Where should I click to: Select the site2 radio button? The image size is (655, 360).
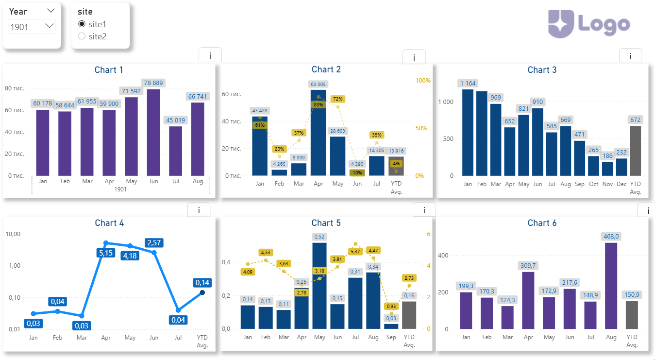(82, 36)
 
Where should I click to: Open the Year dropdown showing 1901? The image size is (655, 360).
(32, 27)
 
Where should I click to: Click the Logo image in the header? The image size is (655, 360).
(589, 24)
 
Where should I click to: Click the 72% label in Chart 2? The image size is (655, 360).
(338, 99)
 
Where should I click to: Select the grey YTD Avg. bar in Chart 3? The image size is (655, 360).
(635, 151)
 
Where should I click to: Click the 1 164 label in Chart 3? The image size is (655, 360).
(468, 83)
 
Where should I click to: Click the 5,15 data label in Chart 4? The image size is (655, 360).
(105, 253)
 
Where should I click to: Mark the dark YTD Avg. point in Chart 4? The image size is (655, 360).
(202, 292)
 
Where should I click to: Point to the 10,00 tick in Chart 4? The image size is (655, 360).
(13, 234)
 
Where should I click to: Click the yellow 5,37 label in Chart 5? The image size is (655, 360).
(356, 251)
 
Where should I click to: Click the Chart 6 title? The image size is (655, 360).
(542, 223)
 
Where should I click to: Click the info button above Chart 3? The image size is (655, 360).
(630, 56)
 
